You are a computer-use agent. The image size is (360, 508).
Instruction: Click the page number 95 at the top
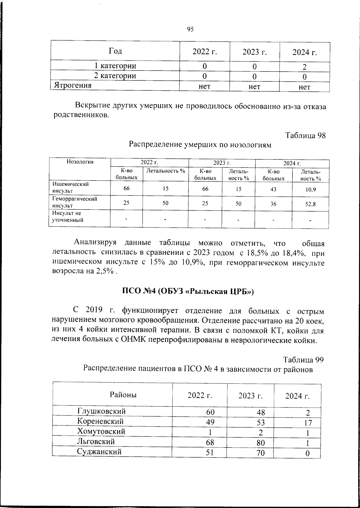(190, 29)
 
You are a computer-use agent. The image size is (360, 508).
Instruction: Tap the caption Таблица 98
(305, 135)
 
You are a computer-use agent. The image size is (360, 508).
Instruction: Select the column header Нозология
(80, 162)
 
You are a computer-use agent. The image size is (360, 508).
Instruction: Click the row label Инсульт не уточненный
(67, 216)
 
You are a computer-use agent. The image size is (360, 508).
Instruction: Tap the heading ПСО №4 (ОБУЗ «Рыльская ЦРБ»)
(188, 291)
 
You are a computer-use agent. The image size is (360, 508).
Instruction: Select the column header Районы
(123, 395)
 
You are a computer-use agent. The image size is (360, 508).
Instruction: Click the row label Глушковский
(101, 411)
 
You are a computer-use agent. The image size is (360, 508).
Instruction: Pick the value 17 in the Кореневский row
(307, 423)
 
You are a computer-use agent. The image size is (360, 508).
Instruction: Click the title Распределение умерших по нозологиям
(200, 145)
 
